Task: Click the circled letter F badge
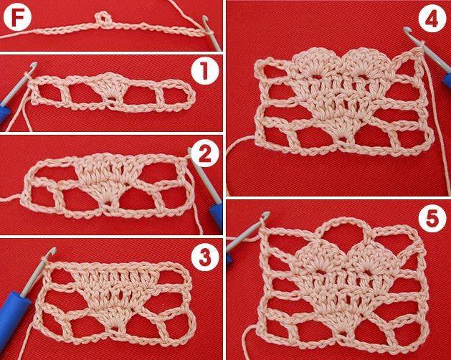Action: tap(17, 17)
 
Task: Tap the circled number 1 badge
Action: tap(205, 70)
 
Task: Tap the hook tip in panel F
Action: tap(205, 19)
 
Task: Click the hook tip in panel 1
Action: tap(34, 65)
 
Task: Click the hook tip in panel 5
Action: tap(267, 214)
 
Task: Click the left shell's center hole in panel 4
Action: tap(317, 77)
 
